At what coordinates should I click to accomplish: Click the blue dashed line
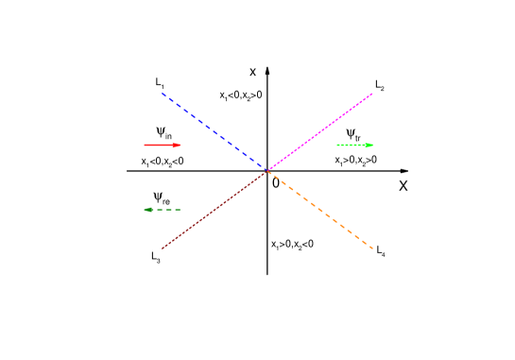click(x=215, y=132)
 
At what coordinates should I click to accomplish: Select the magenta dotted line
click(x=319, y=132)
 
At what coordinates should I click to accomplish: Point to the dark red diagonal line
click(x=215, y=210)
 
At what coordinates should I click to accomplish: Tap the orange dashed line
click(x=319, y=210)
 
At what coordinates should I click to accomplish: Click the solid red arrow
click(x=162, y=146)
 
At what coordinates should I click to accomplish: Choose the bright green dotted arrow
click(x=354, y=146)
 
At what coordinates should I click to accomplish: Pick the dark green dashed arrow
click(x=162, y=210)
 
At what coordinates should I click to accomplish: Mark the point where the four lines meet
click(x=267, y=171)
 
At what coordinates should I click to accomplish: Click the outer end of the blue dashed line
click(x=163, y=94)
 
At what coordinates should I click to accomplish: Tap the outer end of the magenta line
click(x=372, y=94)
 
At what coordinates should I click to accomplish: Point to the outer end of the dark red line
click(x=163, y=248)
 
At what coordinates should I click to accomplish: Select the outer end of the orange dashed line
click(x=372, y=248)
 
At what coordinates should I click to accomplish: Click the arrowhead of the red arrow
click(x=179, y=146)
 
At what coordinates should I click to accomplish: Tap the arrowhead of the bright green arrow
click(x=371, y=146)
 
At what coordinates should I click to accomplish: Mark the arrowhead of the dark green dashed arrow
click(x=146, y=210)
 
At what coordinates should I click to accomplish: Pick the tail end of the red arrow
click(x=145, y=146)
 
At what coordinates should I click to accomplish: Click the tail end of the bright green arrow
click(x=337, y=146)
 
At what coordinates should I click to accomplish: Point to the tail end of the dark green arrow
click(x=180, y=210)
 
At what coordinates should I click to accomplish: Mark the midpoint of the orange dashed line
click(x=319, y=210)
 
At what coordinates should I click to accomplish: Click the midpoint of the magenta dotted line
click(x=319, y=132)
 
